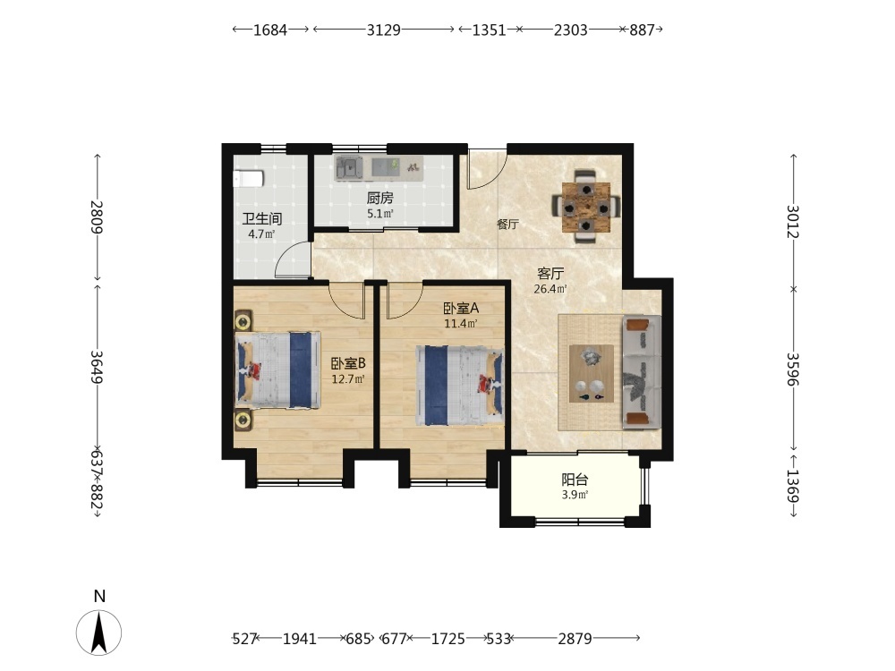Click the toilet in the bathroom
pos(248,179)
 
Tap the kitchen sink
pos(349,168)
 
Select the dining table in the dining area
pos(586,208)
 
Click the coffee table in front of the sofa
pos(592,374)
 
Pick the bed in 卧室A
pos(460,385)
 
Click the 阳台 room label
pos(575,480)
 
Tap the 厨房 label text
pos(380,198)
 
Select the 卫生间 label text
pos(262,218)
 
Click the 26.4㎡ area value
pos(550,289)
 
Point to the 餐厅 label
pos(507,224)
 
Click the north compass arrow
pos(99,633)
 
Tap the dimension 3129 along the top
pos(384,30)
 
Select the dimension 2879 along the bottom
pos(575,639)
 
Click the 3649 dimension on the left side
pos(97,367)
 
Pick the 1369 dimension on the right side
pos(793,486)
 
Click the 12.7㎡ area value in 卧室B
pos(348,378)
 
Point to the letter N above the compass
pos(100,596)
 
